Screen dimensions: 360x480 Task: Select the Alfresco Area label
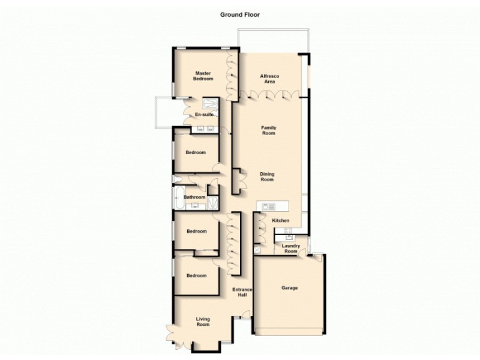[267, 79]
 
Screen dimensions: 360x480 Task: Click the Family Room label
[268, 130]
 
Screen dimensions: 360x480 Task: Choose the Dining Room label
[267, 177]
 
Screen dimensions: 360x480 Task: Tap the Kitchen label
[281, 221]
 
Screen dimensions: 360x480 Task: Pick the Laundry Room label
[290, 248]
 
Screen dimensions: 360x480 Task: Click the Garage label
[290, 288]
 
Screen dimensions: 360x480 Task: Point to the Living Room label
[202, 321]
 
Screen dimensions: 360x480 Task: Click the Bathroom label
[194, 197]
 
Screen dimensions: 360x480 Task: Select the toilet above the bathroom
[177, 179]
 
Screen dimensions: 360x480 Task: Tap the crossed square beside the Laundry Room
[257, 248]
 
